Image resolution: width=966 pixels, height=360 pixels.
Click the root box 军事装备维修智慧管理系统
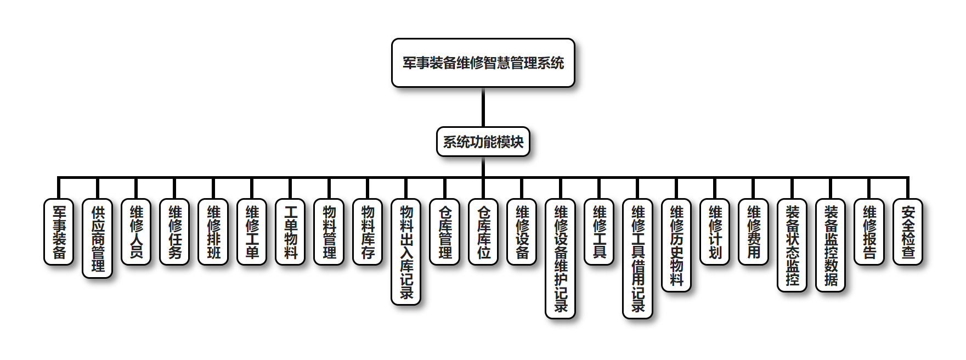483,63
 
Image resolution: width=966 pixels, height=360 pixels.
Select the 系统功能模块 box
483,142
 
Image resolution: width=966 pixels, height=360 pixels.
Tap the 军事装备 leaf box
59,232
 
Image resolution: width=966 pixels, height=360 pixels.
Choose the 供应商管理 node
98,238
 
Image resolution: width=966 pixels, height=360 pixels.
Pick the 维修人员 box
136,232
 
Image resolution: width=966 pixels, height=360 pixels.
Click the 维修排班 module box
213,232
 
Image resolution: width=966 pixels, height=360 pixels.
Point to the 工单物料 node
290,232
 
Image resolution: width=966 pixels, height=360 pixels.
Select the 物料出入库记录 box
406,251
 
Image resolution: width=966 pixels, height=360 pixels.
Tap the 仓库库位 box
483,232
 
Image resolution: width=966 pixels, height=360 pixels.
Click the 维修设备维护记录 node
560,258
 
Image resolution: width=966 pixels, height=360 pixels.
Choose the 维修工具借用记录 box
637,258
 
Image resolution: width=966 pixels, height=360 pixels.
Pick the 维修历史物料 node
676,245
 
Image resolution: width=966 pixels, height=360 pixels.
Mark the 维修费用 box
754,232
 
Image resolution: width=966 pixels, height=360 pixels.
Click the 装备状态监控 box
792,245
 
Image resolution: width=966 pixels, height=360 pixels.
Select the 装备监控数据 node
831,245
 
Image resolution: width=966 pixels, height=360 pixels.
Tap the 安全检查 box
908,232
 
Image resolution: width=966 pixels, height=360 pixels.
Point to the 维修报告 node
869,232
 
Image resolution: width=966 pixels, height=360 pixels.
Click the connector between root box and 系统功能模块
483,107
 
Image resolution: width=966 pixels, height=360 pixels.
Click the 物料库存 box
368,232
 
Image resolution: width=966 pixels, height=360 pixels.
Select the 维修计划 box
715,232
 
